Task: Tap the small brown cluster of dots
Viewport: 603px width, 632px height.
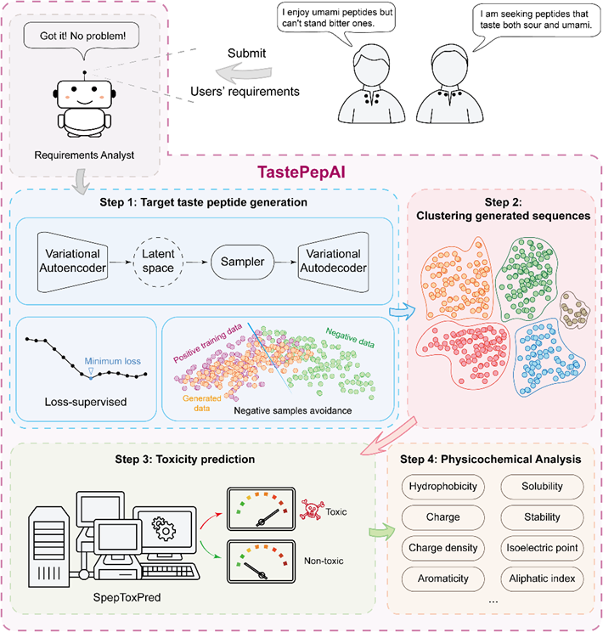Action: pyautogui.click(x=580, y=313)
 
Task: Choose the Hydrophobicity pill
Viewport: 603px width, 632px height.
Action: pyautogui.click(x=442, y=487)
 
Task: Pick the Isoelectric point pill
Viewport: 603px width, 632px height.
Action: pyautogui.click(x=541, y=548)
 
